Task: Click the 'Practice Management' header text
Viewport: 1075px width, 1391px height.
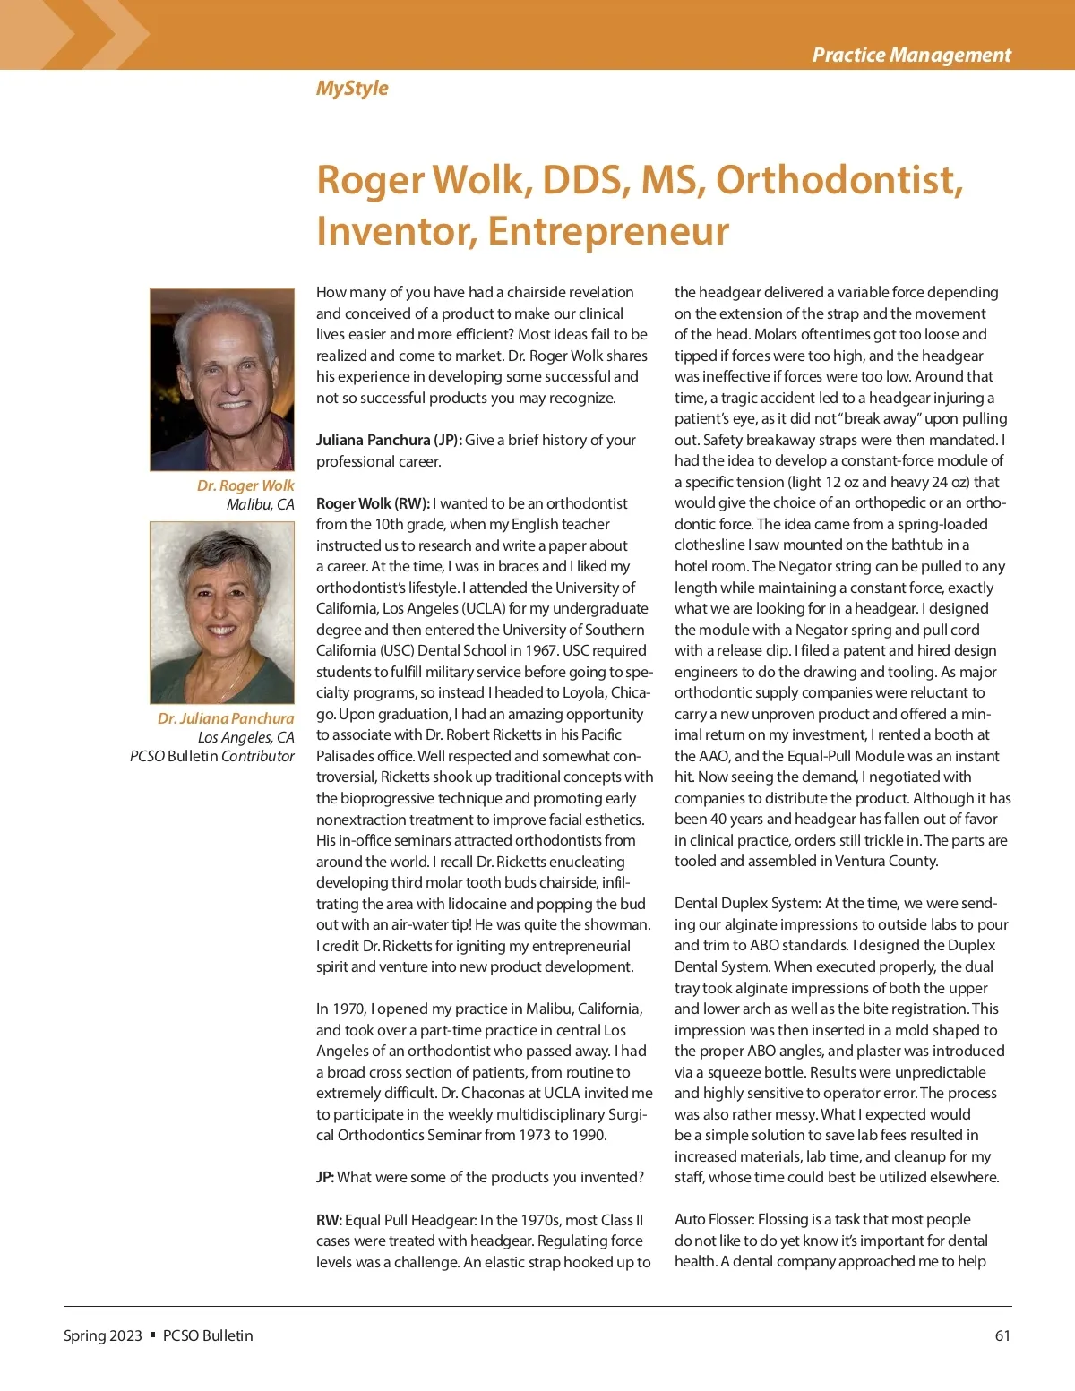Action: [x=911, y=55]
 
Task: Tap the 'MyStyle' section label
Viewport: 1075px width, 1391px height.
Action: [x=352, y=88]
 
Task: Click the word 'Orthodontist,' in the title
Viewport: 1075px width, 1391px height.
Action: [x=839, y=180]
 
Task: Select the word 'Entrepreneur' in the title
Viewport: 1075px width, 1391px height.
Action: [x=608, y=231]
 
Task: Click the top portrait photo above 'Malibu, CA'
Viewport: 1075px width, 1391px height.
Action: [x=222, y=380]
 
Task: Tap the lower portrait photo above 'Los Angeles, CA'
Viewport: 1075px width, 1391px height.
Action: [x=222, y=613]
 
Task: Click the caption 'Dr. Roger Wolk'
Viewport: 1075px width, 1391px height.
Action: [x=245, y=485]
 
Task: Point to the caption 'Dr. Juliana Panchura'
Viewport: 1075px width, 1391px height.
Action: [x=226, y=718]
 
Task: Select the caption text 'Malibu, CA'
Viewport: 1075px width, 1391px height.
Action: [x=260, y=504]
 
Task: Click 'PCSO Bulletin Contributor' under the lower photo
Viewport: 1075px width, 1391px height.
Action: [x=212, y=756]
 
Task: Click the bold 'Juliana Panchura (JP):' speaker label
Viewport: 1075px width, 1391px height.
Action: [x=389, y=440]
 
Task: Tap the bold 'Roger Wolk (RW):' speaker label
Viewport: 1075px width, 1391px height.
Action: [x=373, y=503]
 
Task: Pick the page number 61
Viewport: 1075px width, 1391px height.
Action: [x=1002, y=1335]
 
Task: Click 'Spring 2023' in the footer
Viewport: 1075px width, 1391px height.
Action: [x=103, y=1335]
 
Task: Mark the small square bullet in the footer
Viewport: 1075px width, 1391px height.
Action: [x=152, y=1335]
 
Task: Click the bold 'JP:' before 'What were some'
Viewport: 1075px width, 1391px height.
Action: [x=325, y=1177]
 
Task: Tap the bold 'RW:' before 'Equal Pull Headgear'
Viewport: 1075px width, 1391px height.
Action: [x=329, y=1220]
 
